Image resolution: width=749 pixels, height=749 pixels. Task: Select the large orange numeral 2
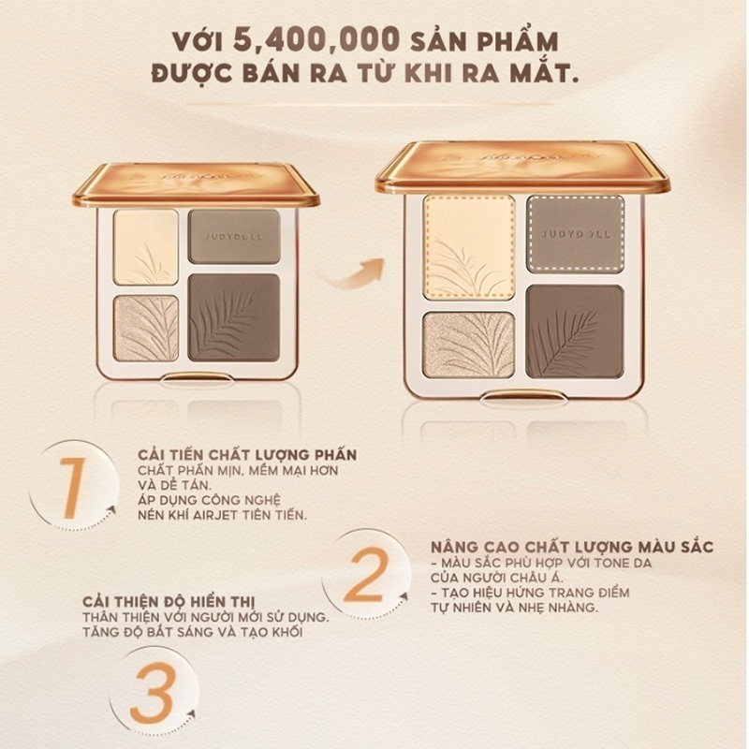pyautogui.click(x=369, y=577)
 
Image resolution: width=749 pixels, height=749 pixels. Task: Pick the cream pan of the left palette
pyautogui.click(x=145, y=247)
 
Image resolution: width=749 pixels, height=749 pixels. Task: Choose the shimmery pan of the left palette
pyautogui.click(x=146, y=328)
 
